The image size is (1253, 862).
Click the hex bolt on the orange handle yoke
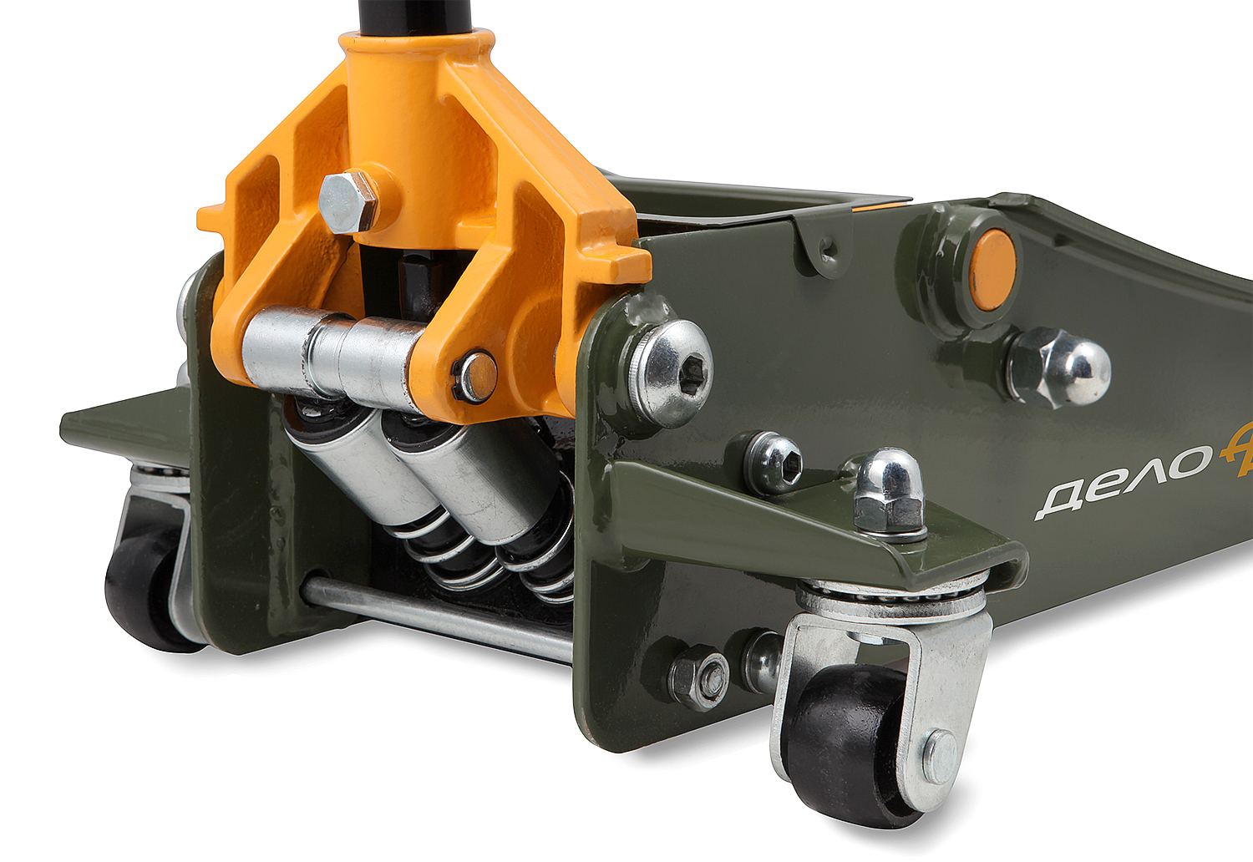pos(348,201)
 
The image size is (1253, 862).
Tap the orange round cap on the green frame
pos(992,269)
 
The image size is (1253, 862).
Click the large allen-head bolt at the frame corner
pos(671,373)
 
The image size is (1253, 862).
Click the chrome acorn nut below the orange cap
pos(1059,367)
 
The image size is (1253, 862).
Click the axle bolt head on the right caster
pos(942,757)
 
